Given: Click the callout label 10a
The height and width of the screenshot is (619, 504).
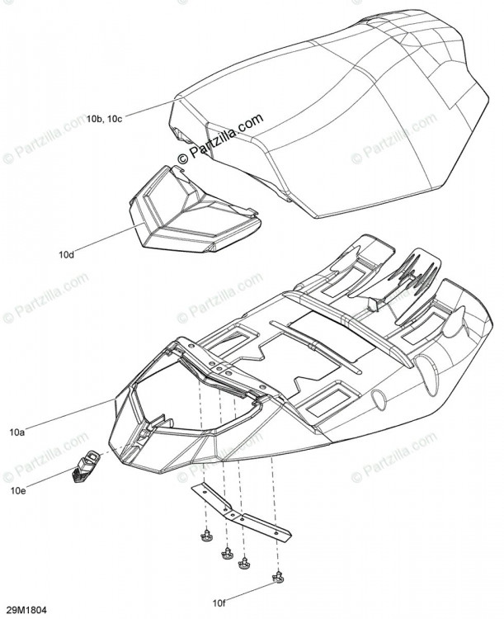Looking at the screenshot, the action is click(17, 432).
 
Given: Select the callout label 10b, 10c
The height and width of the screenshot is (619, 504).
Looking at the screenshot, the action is click(105, 119).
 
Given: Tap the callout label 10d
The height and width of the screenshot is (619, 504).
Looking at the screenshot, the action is click(66, 255).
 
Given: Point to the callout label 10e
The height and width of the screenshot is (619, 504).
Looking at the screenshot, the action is click(18, 492).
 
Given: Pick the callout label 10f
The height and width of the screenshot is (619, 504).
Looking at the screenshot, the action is click(219, 602).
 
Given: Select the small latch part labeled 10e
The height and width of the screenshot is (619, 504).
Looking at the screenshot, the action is click(85, 466).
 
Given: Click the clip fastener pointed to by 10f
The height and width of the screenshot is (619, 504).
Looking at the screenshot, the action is click(278, 577).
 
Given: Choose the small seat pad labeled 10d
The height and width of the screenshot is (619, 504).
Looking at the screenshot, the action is click(194, 210).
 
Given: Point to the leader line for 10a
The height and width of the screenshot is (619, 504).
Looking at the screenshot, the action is click(70, 413).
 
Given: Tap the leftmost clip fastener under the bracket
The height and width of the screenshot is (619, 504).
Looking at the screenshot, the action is click(205, 536).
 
